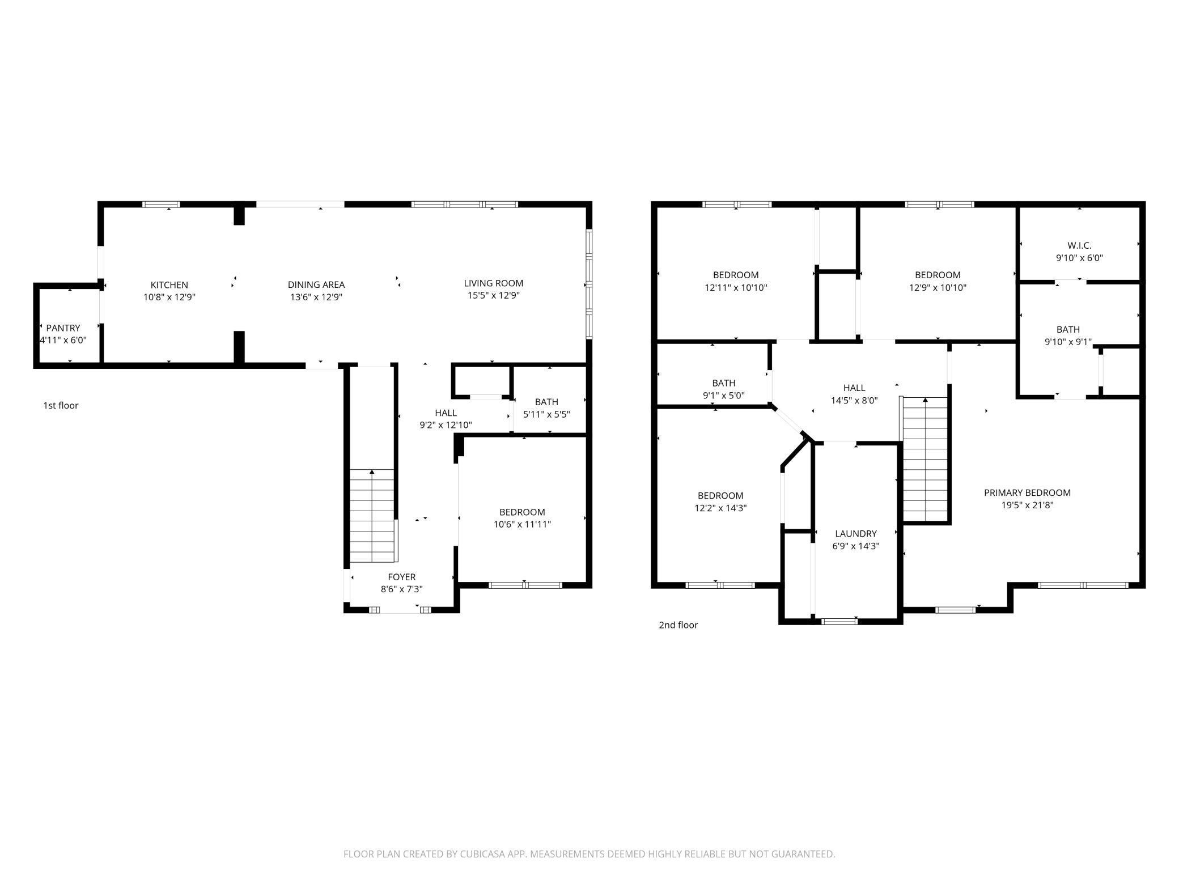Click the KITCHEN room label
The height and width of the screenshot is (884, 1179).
click(169, 285)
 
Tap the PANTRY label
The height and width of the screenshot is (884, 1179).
click(63, 328)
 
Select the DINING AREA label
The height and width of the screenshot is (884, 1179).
click(316, 285)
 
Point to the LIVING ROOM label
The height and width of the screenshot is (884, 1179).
click(493, 283)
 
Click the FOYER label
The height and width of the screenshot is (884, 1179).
click(402, 577)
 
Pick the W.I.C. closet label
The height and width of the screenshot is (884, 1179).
click(1079, 245)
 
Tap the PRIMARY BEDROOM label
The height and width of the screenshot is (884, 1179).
click(1027, 493)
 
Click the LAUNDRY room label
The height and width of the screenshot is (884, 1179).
click(856, 534)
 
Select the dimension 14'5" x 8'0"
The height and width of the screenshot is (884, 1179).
click(854, 401)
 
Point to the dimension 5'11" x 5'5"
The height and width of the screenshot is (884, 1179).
click(546, 414)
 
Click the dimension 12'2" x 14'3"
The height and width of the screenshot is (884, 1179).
click(720, 508)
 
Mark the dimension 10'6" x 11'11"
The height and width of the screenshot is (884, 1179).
click(522, 525)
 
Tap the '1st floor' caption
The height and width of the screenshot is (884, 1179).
click(61, 406)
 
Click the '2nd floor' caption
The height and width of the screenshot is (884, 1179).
click(678, 625)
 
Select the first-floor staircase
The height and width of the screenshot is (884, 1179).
click(372, 516)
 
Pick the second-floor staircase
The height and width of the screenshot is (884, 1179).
click(925, 459)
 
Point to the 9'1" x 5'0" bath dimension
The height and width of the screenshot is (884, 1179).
click(724, 396)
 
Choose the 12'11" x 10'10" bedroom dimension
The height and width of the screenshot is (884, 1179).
click(736, 288)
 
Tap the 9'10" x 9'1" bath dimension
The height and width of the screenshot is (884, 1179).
click(1068, 342)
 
